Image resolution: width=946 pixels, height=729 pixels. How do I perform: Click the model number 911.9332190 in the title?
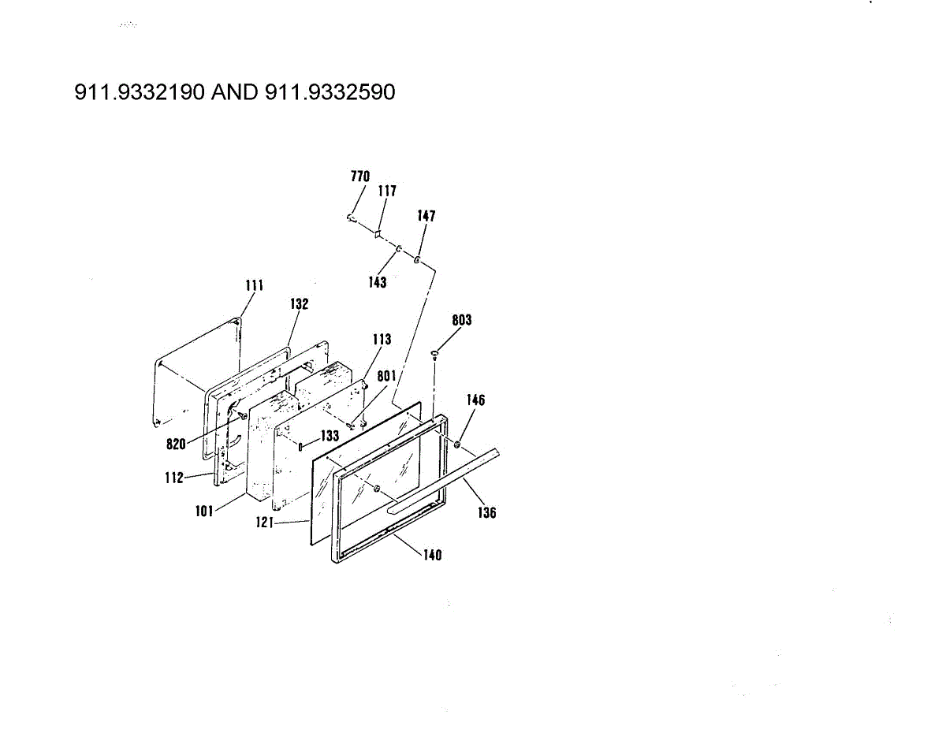[x=140, y=92]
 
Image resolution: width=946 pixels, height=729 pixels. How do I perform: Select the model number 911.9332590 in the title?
[x=330, y=92]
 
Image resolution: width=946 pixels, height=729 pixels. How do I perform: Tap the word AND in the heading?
[x=235, y=92]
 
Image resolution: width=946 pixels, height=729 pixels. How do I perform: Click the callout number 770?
[x=360, y=177]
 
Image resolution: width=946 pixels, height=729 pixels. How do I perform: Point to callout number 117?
[x=387, y=191]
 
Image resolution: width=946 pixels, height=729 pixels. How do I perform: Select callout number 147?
[x=426, y=216]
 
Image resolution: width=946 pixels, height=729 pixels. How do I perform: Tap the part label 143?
[x=378, y=282]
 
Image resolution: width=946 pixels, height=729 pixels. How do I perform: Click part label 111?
[x=255, y=285]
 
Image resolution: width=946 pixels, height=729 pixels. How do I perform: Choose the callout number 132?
[x=299, y=303]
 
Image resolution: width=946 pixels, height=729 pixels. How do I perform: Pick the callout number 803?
[x=462, y=320]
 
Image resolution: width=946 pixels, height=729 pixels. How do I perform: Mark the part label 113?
[x=382, y=340]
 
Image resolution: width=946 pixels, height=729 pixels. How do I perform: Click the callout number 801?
[x=386, y=376]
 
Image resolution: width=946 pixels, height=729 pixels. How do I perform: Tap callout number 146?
[x=476, y=400]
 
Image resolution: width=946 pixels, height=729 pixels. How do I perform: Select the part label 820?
[x=176, y=444]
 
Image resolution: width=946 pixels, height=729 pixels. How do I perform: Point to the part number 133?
[x=330, y=436]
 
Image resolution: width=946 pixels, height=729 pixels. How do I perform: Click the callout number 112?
[x=174, y=478]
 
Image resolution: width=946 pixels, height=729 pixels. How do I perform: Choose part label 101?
[x=204, y=511]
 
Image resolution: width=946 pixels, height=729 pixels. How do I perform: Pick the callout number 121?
[x=265, y=523]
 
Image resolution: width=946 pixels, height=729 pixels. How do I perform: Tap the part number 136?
[x=486, y=513]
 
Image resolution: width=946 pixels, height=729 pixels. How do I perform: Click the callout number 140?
[x=432, y=556]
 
